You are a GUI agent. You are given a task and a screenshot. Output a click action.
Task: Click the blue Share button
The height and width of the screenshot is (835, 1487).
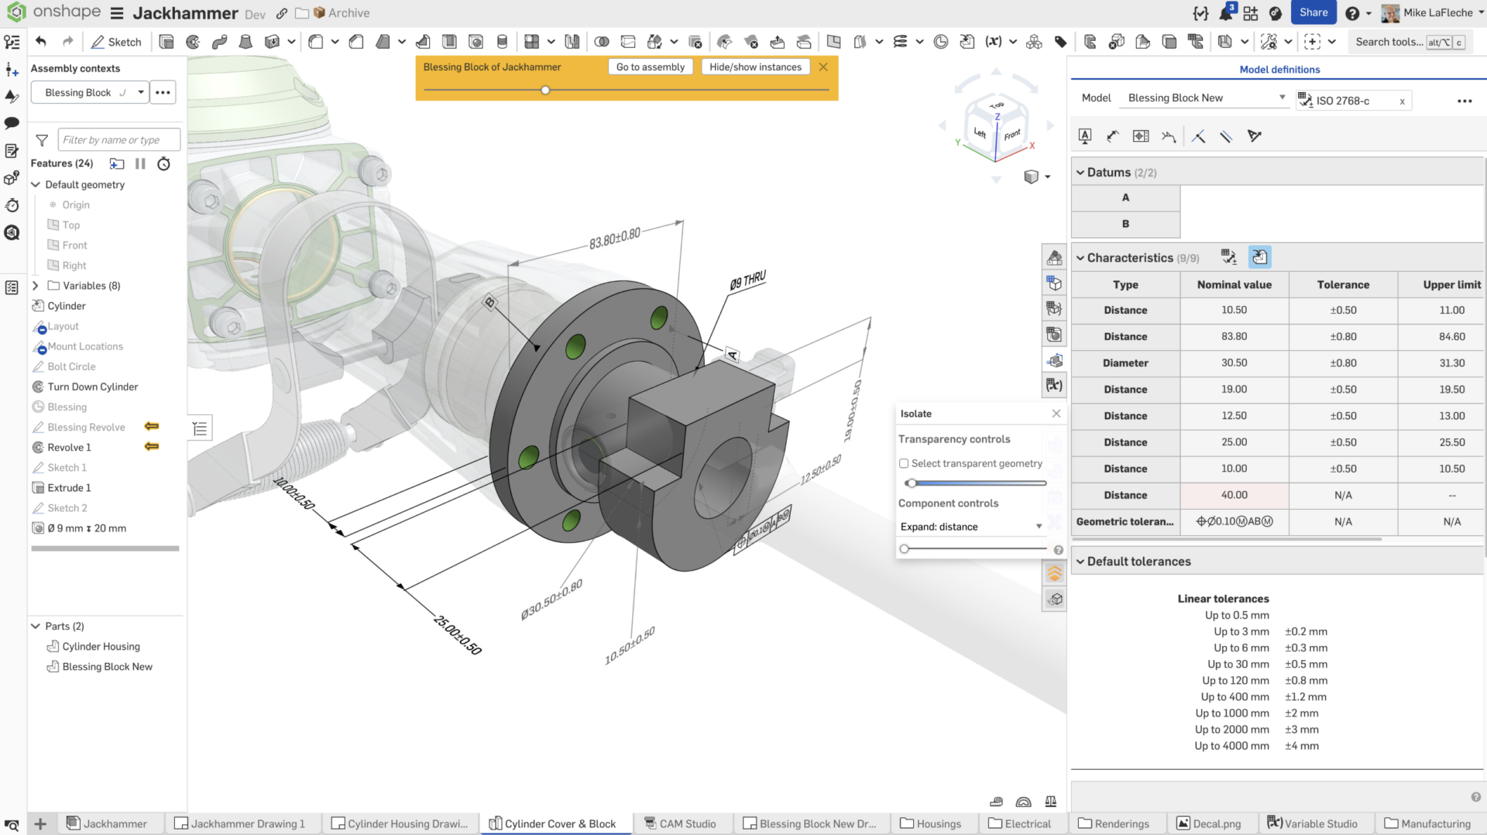(1314, 12)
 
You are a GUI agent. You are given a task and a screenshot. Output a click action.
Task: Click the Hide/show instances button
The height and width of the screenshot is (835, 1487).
(755, 67)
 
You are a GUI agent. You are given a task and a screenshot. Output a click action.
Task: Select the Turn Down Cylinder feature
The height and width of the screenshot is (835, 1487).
(92, 387)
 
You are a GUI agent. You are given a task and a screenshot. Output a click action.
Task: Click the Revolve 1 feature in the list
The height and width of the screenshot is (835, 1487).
(69, 448)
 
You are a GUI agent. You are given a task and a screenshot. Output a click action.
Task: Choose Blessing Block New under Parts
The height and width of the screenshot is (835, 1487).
(107, 667)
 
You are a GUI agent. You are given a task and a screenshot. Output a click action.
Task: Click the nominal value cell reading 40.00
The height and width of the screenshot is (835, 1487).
(1234, 495)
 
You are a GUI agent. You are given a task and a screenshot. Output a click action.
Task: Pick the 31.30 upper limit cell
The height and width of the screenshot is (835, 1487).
(1451, 363)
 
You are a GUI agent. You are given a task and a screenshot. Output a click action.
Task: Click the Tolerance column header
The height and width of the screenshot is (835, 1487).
(1343, 285)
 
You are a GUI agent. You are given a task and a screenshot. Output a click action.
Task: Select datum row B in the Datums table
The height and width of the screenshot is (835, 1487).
(1125, 224)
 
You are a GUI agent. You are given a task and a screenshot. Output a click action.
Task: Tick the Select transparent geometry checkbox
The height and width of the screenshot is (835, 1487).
(904, 464)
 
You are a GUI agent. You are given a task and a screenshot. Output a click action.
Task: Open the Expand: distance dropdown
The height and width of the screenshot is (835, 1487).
(971, 527)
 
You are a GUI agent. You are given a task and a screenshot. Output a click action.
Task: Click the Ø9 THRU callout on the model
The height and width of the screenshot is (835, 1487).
(747, 280)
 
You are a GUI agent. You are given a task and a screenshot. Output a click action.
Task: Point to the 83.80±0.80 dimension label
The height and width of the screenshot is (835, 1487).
(614, 239)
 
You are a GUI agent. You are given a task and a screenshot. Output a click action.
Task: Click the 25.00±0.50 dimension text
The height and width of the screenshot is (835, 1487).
(458, 635)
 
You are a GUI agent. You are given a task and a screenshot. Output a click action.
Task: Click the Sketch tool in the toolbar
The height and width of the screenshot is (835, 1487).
(116, 42)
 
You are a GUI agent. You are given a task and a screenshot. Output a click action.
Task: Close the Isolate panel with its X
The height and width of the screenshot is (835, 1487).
(1056, 414)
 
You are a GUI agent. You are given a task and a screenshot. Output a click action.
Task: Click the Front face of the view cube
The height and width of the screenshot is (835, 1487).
(1011, 135)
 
